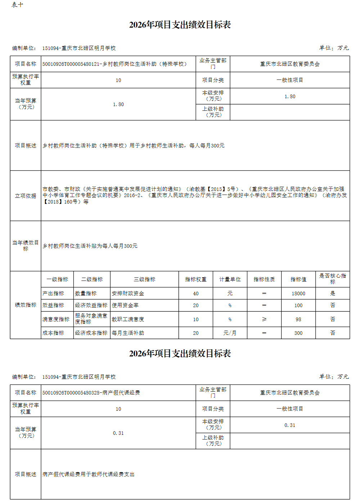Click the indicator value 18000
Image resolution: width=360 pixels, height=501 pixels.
pyautogui.click(x=298, y=293)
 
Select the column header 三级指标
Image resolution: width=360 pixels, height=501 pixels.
pyautogui.click(x=144, y=279)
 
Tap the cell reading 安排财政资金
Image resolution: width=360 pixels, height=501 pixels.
pyautogui.click(x=128, y=293)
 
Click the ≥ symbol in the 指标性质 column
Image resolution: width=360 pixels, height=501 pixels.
pyautogui.click(x=264, y=319)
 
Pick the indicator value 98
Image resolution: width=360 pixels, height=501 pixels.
pyautogui.click(x=298, y=319)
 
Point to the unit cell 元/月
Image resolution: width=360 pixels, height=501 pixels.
pyautogui.click(x=230, y=333)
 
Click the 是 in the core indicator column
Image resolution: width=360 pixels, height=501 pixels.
pyautogui.click(x=332, y=293)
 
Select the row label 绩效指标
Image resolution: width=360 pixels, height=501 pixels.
pyautogui.click(x=26, y=305)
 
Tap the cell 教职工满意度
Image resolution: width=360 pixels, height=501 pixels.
pyautogui.click(x=128, y=319)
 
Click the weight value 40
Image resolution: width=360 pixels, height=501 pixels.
pyautogui.click(x=195, y=293)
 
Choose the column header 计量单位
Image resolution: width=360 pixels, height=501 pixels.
pyautogui.click(x=230, y=279)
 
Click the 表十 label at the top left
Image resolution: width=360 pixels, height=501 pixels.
pyautogui.click(x=17, y=5)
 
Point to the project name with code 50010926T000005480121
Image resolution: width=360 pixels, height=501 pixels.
pyautogui.click(x=114, y=64)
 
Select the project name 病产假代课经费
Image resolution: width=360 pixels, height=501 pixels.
pyautogui.click(x=91, y=393)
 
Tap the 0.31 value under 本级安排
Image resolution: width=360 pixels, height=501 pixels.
pyautogui.click(x=289, y=425)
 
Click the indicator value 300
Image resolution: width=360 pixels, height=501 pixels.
pyautogui.click(x=298, y=333)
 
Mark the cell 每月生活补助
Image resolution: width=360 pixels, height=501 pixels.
pyautogui.click(x=128, y=333)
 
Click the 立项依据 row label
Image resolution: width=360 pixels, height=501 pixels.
pyautogui.click(x=26, y=196)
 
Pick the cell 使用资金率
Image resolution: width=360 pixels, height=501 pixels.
pyautogui.click(x=125, y=305)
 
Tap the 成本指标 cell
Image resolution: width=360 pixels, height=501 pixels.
pyautogui.click(x=53, y=333)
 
